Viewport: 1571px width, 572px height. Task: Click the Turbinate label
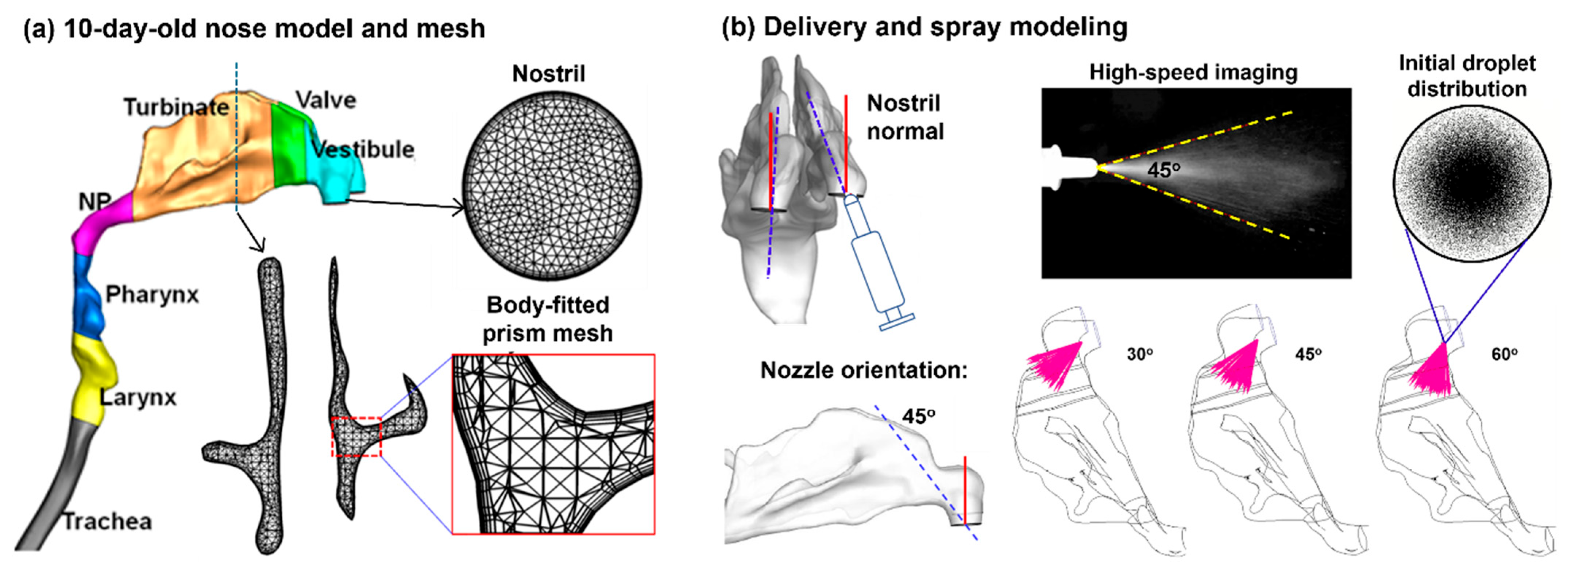pyautogui.click(x=176, y=107)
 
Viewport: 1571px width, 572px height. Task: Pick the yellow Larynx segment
pyautogui.click(x=92, y=378)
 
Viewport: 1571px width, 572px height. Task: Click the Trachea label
pyautogui.click(x=107, y=521)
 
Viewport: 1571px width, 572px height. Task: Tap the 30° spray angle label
pyautogui.click(x=1139, y=354)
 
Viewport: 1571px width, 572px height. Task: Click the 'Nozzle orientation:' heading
pyautogui.click(x=864, y=370)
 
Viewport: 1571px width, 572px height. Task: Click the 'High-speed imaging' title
pyautogui.click(x=1193, y=73)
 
